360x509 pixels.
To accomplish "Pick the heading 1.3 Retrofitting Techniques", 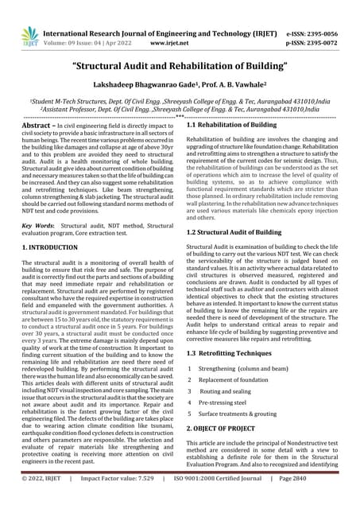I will pyautogui.click(x=230, y=352).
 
